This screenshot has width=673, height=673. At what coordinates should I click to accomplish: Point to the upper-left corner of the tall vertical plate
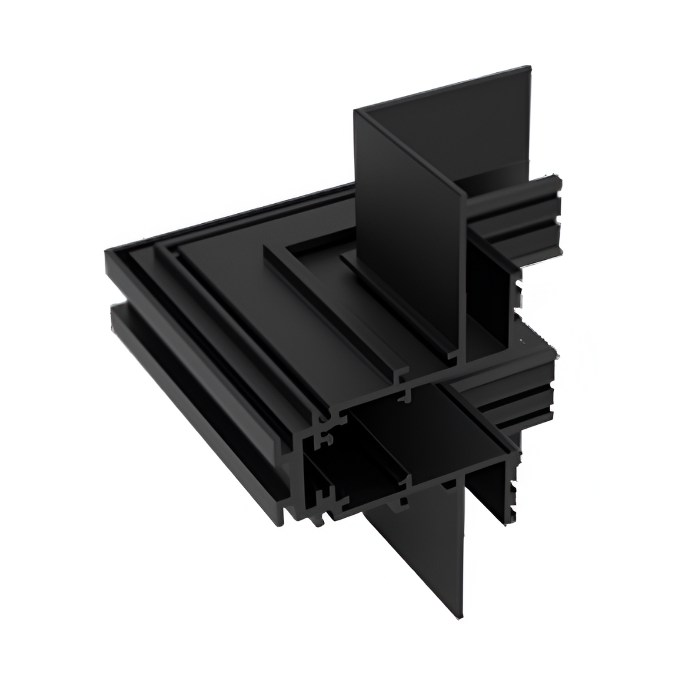(x=356, y=112)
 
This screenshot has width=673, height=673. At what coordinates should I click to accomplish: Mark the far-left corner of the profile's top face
(x=107, y=252)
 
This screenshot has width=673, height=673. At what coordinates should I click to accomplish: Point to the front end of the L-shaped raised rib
(x=399, y=374)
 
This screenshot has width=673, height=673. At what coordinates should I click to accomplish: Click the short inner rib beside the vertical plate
(x=399, y=305)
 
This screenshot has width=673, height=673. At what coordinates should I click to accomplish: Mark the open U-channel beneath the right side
(x=489, y=492)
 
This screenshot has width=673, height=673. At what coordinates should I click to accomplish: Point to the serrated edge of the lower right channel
(x=513, y=492)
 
